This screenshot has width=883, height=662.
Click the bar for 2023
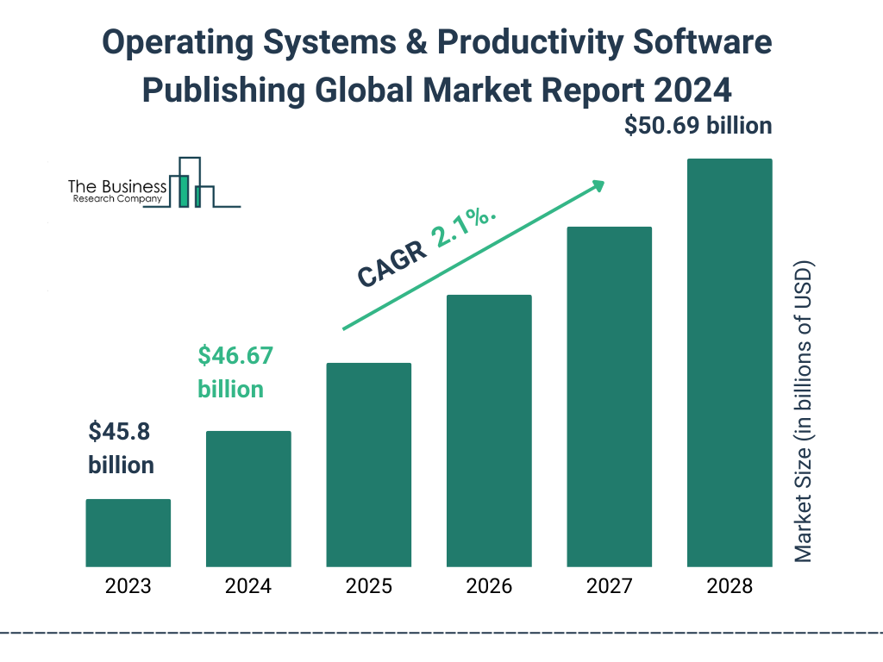click(x=128, y=533)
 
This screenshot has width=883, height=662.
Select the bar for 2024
click(x=248, y=499)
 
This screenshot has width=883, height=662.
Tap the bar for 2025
click(x=368, y=465)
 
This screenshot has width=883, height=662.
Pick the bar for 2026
click(x=488, y=431)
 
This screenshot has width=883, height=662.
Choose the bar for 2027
click(x=609, y=397)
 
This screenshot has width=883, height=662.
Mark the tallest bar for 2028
click(x=729, y=363)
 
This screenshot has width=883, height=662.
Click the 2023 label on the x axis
click(x=128, y=587)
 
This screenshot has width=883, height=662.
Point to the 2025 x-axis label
click(x=368, y=587)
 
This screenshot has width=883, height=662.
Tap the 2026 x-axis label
click(x=488, y=587)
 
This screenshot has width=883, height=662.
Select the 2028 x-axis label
click(x=729, y=587)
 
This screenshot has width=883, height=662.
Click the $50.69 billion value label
click(x=698, y=126)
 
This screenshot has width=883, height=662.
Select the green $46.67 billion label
click(x=230, y=372)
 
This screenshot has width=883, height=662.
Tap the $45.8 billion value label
click(x=121, y=448)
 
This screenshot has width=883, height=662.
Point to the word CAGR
click(x=391, y=265)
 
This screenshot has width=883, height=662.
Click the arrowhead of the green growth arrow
click(x=598, y=185)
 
